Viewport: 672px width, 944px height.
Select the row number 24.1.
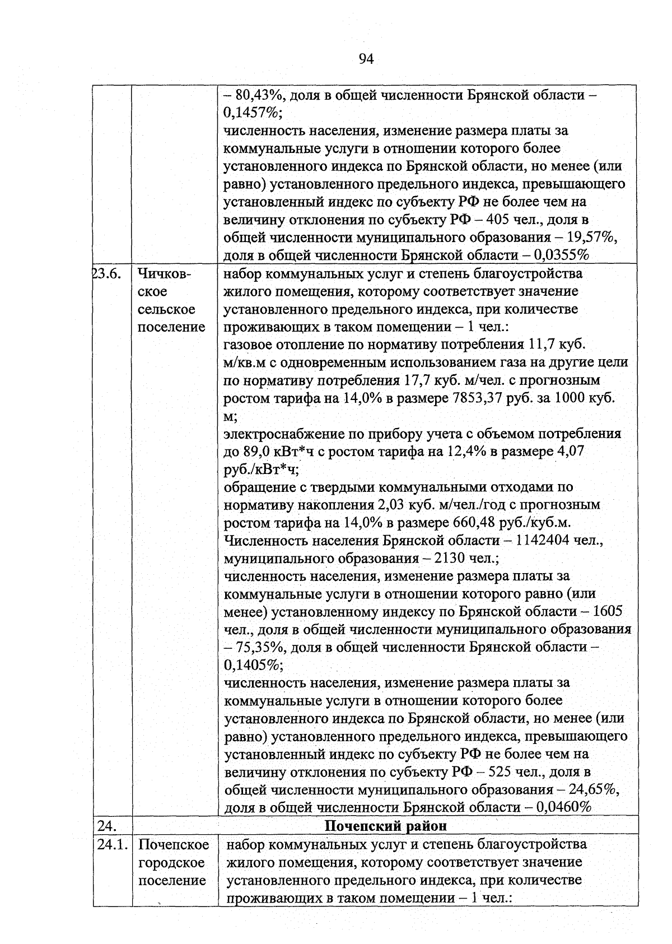point(112,844)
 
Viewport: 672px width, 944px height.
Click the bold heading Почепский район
point(386,826)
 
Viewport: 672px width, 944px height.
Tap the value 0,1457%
point(251,113)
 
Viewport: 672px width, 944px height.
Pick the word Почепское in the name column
point(174,845)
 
